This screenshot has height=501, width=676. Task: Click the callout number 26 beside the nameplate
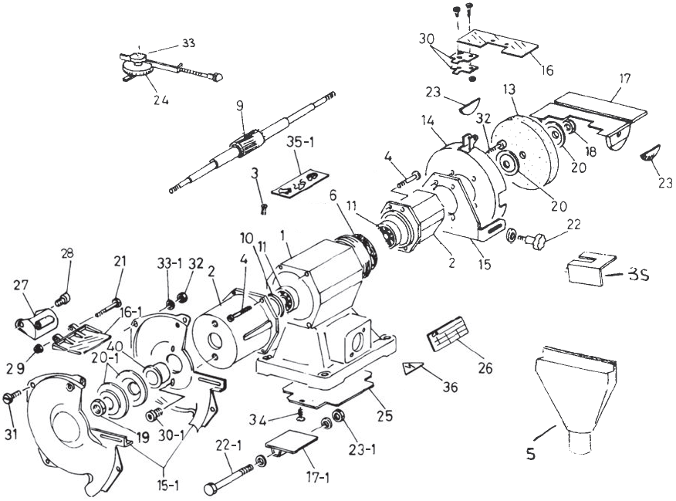coord(485,369)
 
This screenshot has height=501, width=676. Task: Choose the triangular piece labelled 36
coord(411,367)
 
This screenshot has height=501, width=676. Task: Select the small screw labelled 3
coord(265,206)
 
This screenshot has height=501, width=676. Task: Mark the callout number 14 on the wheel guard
coord(429,121)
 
